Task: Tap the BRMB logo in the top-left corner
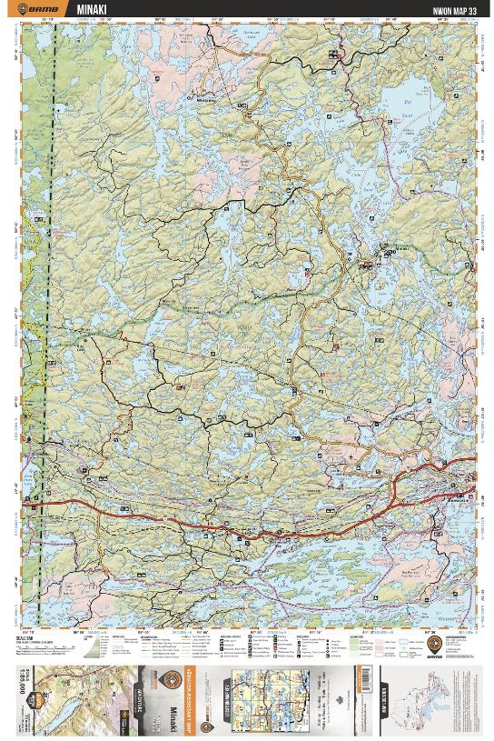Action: pos(41,10)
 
